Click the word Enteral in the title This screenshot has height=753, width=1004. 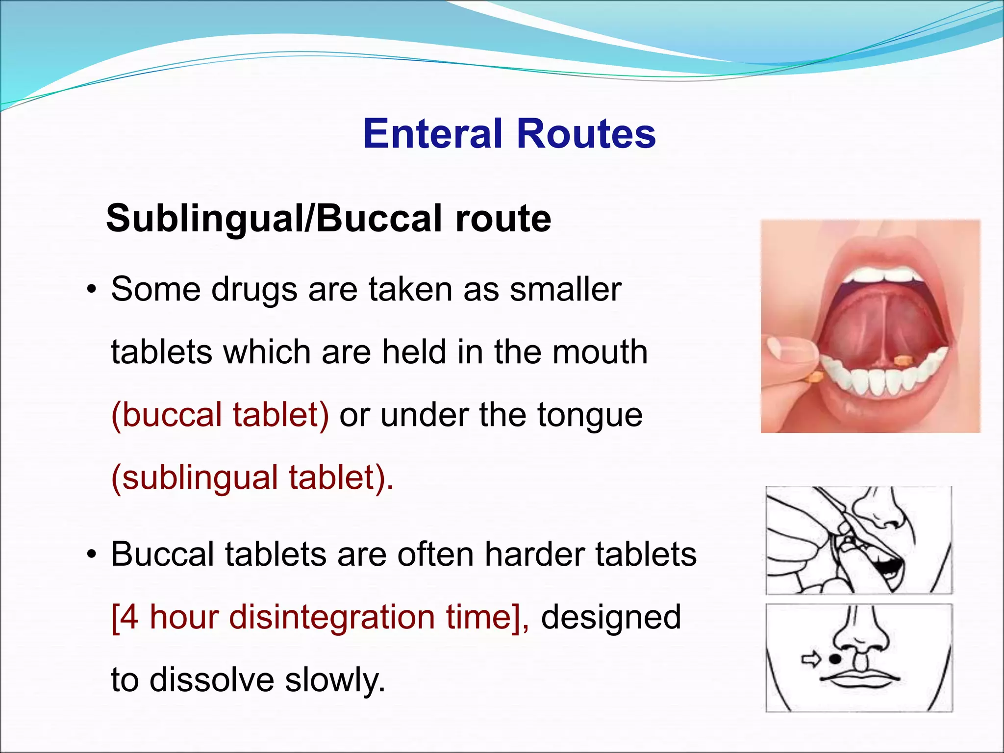click(433, 133)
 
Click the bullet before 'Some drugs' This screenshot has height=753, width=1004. click(91, 290)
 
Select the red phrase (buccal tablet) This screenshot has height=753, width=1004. click(220, 415)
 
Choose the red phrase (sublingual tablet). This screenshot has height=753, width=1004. click(252, 477)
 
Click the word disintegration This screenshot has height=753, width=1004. click(332, 617)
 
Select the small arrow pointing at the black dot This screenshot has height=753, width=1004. click(811, 659)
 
